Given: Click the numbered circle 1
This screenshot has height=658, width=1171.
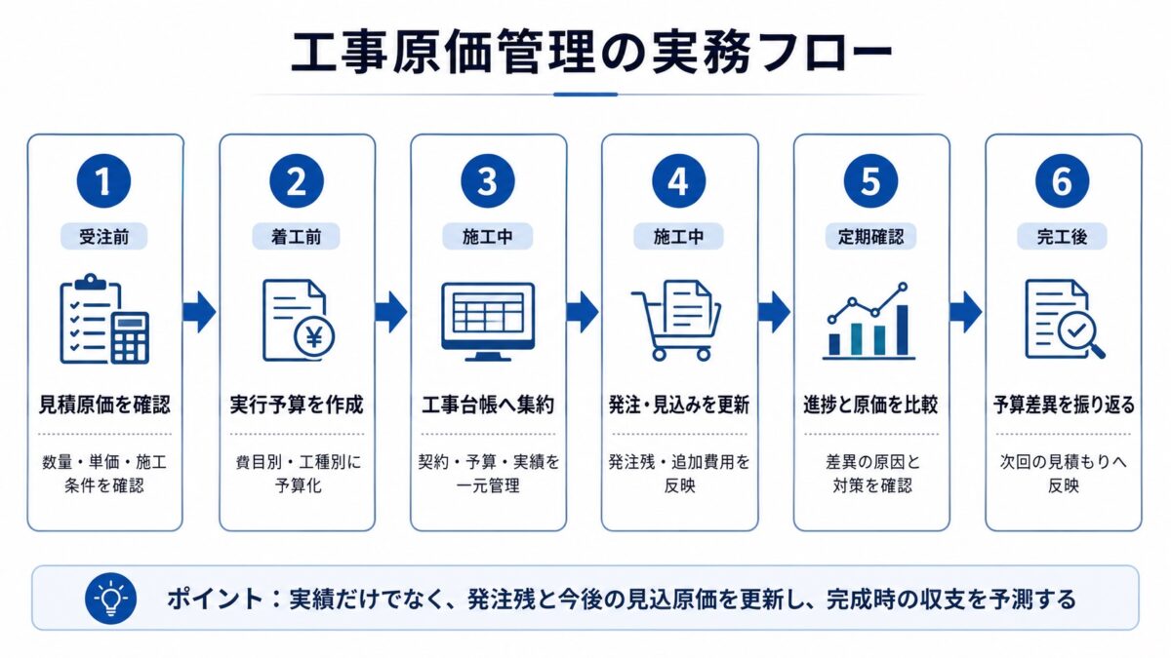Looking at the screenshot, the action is click(x=103, y=181).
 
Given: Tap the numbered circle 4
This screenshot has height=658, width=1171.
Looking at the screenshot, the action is click(x=678, y=181).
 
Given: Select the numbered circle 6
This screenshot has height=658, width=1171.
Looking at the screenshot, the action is click(x=1063, y=181).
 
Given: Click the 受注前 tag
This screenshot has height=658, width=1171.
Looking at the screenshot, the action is click(x=104, y=237).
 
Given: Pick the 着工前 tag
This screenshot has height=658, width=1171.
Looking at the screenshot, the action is click(x=296, y=237).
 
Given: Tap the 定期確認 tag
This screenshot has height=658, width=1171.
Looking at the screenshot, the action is click(x=870, y=237).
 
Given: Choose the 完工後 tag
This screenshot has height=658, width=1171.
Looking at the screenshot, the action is click(x=1062, y=237).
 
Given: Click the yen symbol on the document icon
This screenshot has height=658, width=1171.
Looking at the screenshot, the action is click(x=314, y=337).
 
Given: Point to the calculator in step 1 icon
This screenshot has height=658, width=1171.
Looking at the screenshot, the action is click(x=130, y=337).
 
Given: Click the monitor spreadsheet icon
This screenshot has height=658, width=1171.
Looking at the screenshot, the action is click(x=488, y=322).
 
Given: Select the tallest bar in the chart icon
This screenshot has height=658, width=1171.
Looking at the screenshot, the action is click(x=903, y=330).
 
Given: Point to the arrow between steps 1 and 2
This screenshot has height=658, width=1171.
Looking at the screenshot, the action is click(x=199, y=312).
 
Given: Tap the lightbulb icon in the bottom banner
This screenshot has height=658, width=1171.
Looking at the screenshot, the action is click(x=111, y=598).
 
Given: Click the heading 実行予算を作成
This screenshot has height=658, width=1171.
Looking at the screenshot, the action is click(x=297, y=405).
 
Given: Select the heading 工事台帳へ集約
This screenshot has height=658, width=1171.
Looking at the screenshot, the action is click(x=488, y=405).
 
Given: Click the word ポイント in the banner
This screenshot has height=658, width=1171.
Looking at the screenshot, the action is click(x=215, y=599).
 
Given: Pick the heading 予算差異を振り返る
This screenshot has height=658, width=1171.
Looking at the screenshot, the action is click(x=1064, y=405).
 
